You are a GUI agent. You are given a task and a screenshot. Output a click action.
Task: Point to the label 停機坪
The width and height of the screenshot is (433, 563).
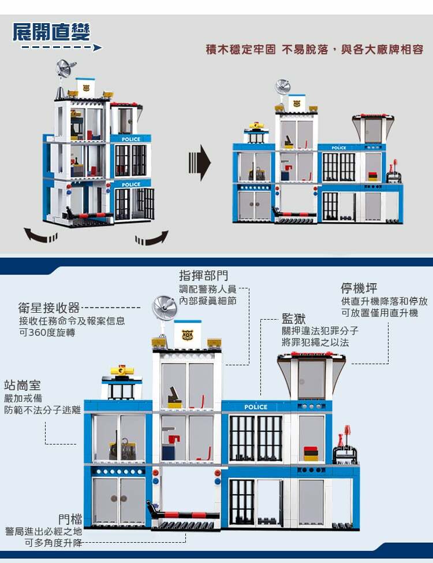coord(359,288)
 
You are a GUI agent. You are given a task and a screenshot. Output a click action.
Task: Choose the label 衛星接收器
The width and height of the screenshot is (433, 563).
coord(49,308)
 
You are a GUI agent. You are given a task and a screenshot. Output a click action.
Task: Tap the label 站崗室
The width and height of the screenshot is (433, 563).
coord(23,384)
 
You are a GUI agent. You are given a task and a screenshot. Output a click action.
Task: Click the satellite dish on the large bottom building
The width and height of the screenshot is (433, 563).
coord(165,307)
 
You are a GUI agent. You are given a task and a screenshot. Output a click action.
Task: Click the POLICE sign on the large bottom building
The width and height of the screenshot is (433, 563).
coord(256,407)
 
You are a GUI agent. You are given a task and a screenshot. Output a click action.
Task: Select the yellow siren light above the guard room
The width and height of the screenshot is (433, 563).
coord(121,370)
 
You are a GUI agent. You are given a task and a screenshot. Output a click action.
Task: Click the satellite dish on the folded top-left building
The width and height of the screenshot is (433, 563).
coord(65,69)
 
